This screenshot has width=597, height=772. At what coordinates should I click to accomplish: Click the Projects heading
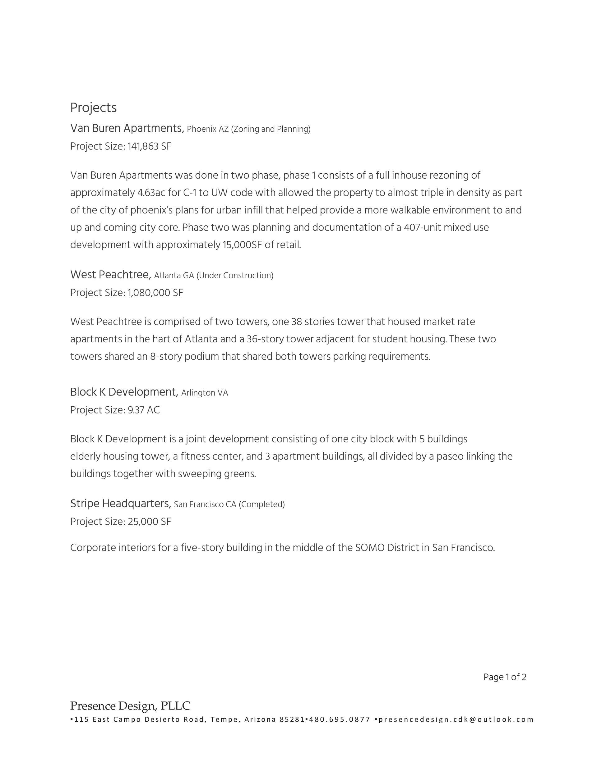pyautogui.click(x=93, y=107)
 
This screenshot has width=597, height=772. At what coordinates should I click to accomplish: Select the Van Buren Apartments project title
pyautogui.click(x=126, y=128)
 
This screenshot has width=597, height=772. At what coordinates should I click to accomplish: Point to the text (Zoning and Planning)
pyautogui.click(x=271, y=129)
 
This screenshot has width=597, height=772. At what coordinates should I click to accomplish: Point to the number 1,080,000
pyautogui.click(x=149, y=293)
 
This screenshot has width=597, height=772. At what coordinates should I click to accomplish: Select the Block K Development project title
pyautogui.click(x=123, y=392)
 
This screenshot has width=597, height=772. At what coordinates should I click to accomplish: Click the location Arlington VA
pyautogui.click(x=205, y=393)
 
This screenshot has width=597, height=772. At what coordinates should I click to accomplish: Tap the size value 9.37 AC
pyautogui.click(x=144, y=410)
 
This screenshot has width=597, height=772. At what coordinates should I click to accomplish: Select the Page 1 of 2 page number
pyautogui.click(x=505, y=677)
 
